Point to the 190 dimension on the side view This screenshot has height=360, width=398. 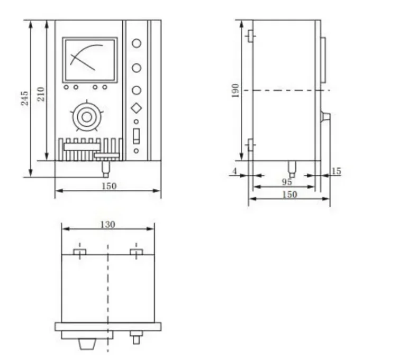(x=236, y=90)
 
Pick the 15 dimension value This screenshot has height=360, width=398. (x=336, y=171)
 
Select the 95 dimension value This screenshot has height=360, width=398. (x=287, y=182)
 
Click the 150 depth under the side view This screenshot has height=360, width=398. (x=290, y=194)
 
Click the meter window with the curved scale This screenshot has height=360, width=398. (x=89, y=58)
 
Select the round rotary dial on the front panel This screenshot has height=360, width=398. (x=85, y=115)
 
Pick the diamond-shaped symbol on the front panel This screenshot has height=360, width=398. (x=137, y=108)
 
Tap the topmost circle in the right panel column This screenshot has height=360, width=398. (x=137, y=44)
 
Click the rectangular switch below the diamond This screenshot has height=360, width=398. (x=137, y=136)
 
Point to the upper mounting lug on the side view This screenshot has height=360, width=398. (x=250, y=36)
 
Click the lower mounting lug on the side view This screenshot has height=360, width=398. (x=250, y=144)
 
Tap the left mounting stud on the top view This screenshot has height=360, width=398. (x=79, y=252)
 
